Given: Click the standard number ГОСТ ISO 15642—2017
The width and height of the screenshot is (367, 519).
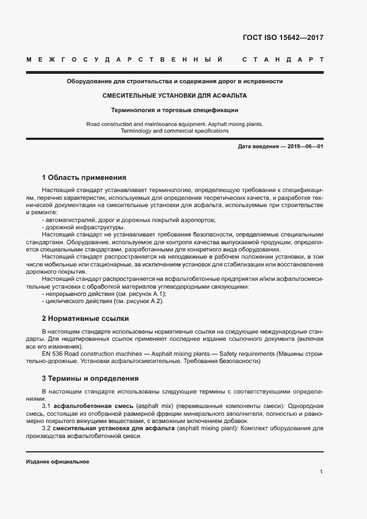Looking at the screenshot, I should pyautogui.click(x=283, y=38).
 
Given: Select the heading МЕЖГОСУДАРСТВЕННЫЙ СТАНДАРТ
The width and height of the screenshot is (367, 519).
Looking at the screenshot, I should pyautogui.click(x=174, y=59).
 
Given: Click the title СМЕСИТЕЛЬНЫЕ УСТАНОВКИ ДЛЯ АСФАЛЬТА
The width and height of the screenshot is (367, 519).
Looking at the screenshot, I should pyautogui.click(x=174, y=95).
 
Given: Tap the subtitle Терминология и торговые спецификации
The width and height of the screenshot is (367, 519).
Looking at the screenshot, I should pyautogui.click(x=174, y=110).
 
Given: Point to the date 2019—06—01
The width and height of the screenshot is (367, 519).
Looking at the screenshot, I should pyautogui.click(x=303, y=146).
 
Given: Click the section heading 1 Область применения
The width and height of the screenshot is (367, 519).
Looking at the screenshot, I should pyautogui.click(x=84, y=178).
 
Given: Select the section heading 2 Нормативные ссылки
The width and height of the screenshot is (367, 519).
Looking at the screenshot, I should pyautogui.click(x=85, y=319).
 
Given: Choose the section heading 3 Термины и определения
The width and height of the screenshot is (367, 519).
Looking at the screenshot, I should pyautogui.click(x=90, y=379).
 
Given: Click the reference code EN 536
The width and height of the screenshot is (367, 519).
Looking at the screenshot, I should pyautogui.click(x=53, y=354).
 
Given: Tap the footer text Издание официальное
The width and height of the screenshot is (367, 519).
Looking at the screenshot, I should pyautogui.click(x=57, y=462).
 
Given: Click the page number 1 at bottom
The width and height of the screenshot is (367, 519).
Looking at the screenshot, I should pyautogui.click(x=321, y=472).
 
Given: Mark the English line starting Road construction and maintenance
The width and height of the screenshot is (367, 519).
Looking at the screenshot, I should pyautogui.click(x=174, y=124).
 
